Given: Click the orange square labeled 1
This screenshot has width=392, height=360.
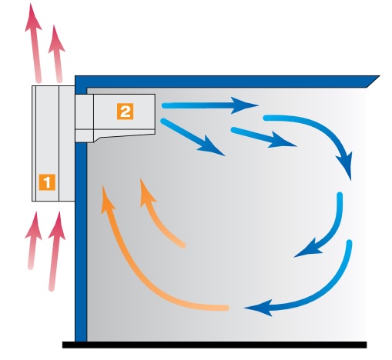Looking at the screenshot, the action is pyautogui.click(x=47, y=182).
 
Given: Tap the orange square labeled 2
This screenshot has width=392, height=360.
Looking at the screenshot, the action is pyautogui.click(x=125, y=112).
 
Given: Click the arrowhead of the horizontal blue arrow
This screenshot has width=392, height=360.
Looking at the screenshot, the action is pyautogui.click(x=244, y=105).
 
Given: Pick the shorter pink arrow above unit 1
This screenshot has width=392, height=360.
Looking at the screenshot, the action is pyautogui.click(x=57, y=54).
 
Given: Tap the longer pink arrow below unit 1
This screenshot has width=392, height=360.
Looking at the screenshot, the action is pyautogui.click(x=55, y=252).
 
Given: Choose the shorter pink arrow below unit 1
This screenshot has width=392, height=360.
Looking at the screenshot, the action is pyautogui.click(x=32, y=241).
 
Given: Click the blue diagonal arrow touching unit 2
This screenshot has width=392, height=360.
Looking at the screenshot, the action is pyautogui.click(x=193, y=137).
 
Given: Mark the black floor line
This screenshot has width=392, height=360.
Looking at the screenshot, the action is pyautogui.click(x=214, y=345).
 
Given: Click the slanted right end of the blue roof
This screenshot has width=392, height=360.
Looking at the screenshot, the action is pyautogui.click(x=374, y=81).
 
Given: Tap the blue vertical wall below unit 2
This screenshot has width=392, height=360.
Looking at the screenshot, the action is pyautogui.click(x=81, y=242).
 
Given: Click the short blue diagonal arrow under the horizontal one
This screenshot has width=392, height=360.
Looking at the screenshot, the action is pyautogui.click(x=263, y=137).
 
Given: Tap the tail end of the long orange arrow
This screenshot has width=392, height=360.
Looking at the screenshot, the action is pyautogui.click(x=226, y=308).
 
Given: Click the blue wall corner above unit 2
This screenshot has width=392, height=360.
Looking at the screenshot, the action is pyautogui.click(x=81, y=82).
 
